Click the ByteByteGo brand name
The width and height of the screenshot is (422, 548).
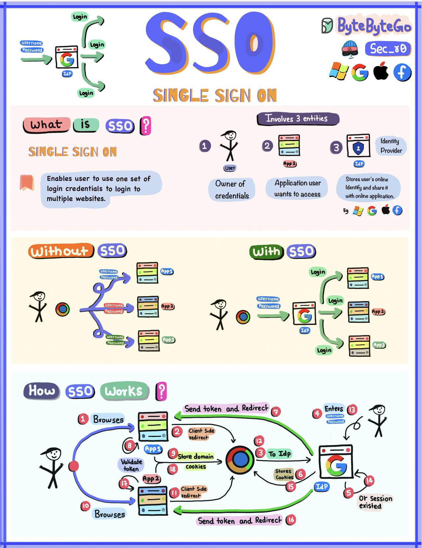pos(374,26)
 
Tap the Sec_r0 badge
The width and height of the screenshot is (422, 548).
pos(388,49)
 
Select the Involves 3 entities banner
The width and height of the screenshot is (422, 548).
pos(298,118)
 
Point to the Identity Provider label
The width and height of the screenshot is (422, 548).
pos(391,146)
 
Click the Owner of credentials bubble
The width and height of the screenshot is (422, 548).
pos(232,190)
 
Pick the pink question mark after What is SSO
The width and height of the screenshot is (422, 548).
pos(146,126)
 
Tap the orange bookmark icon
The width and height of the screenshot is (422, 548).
pos(27,182)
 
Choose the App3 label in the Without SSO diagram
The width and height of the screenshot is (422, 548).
pos(168,340)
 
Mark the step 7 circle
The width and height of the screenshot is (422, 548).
pos(276,411)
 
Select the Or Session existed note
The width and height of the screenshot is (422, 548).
pos(375,502)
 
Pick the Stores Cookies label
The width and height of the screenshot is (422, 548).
pos(284,474)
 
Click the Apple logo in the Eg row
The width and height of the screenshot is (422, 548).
pos(386,210)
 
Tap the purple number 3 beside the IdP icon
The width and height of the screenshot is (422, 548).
pos(336,147)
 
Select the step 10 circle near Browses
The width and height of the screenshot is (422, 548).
pos(85,506)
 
